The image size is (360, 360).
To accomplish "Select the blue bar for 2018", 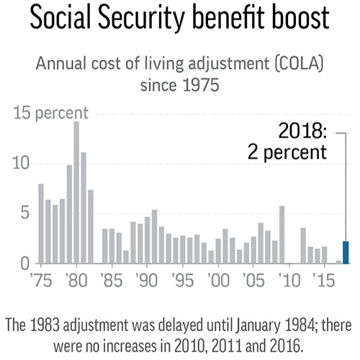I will (x=346, y=253).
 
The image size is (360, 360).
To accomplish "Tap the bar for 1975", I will (x=41, y=225).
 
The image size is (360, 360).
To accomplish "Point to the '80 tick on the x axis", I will (x=76, y=279).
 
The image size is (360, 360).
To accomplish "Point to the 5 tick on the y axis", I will (x=26, y=214).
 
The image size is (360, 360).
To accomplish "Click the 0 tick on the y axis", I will (x=26, y=264).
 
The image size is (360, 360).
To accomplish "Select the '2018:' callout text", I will (x=303, y=131).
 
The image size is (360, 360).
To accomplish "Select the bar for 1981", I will (x=84, y=208).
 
